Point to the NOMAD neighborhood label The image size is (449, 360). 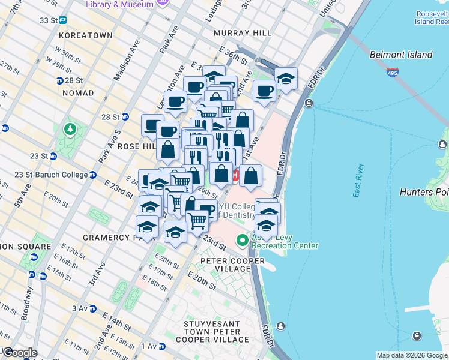(78, 93)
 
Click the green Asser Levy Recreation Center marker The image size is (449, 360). (243, 241)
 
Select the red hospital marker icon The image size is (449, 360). (235, 176)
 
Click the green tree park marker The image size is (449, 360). (71, 129)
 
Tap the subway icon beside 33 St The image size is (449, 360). (63, 20)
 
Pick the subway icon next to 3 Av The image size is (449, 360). (94, 308)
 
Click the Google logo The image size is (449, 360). (19, 353)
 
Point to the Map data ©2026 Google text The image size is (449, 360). (412, 355)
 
